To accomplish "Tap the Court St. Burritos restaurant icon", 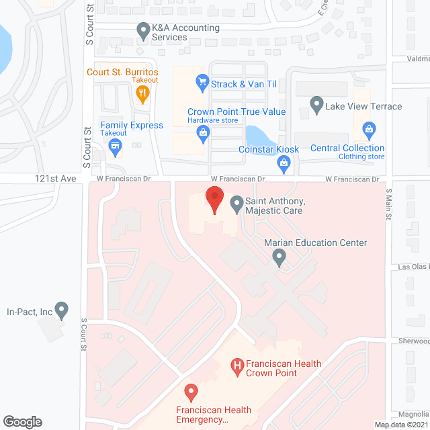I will point(142,95).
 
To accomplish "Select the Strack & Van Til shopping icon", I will point(201,83).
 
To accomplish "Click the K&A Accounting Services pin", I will point(142,30).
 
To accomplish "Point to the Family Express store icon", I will point(116,147).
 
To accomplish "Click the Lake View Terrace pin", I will point(316,105).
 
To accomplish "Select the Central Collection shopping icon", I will point(368,128).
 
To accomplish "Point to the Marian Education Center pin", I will point(279,256).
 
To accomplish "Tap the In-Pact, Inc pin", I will point(62,310).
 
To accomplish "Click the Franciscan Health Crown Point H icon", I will point(236,366).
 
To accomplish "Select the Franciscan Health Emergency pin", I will point(191,391).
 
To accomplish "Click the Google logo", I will point(22,422).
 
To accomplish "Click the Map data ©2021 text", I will point(400,425).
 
